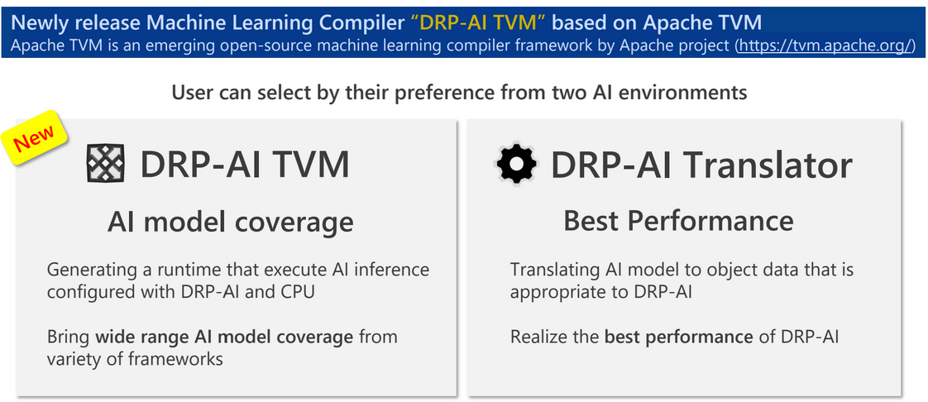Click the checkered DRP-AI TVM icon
pos(105,164)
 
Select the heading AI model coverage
pos(230,221)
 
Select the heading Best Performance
pos(678,221)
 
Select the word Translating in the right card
pos(548,270)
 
